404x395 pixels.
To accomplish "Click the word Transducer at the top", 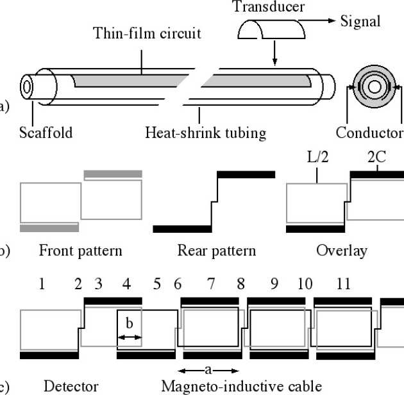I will (269, 7).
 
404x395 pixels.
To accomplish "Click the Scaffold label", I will (46, 133).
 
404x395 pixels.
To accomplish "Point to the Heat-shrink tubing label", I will (205, 133).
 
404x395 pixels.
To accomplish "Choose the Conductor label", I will (369, 133).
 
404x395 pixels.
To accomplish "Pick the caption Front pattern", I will (80, 250).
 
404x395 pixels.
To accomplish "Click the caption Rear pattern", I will (216, 250).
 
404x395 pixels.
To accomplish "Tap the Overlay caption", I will (342, 250).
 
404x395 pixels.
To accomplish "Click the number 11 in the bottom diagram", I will (343, 283).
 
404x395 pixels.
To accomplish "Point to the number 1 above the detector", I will (42, 283).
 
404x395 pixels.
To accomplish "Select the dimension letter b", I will (129, 324).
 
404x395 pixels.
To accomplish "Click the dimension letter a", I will (208, 369).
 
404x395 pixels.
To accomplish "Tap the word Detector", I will (71, 386).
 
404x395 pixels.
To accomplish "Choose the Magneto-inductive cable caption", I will (242, 386).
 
